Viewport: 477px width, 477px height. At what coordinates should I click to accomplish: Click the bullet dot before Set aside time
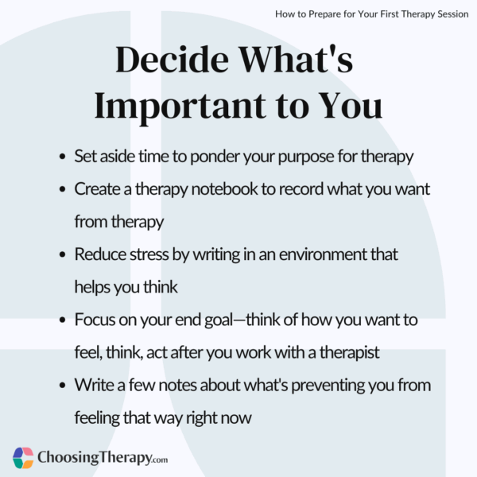pos(63,157)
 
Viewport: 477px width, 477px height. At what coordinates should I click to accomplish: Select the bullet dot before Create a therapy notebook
pos(63,189)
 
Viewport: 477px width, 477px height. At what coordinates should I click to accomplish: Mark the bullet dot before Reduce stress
pos(63,255)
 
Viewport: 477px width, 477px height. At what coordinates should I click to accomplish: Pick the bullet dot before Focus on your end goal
pos(63,320)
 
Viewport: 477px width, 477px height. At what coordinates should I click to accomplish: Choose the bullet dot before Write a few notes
pos(63,386)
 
